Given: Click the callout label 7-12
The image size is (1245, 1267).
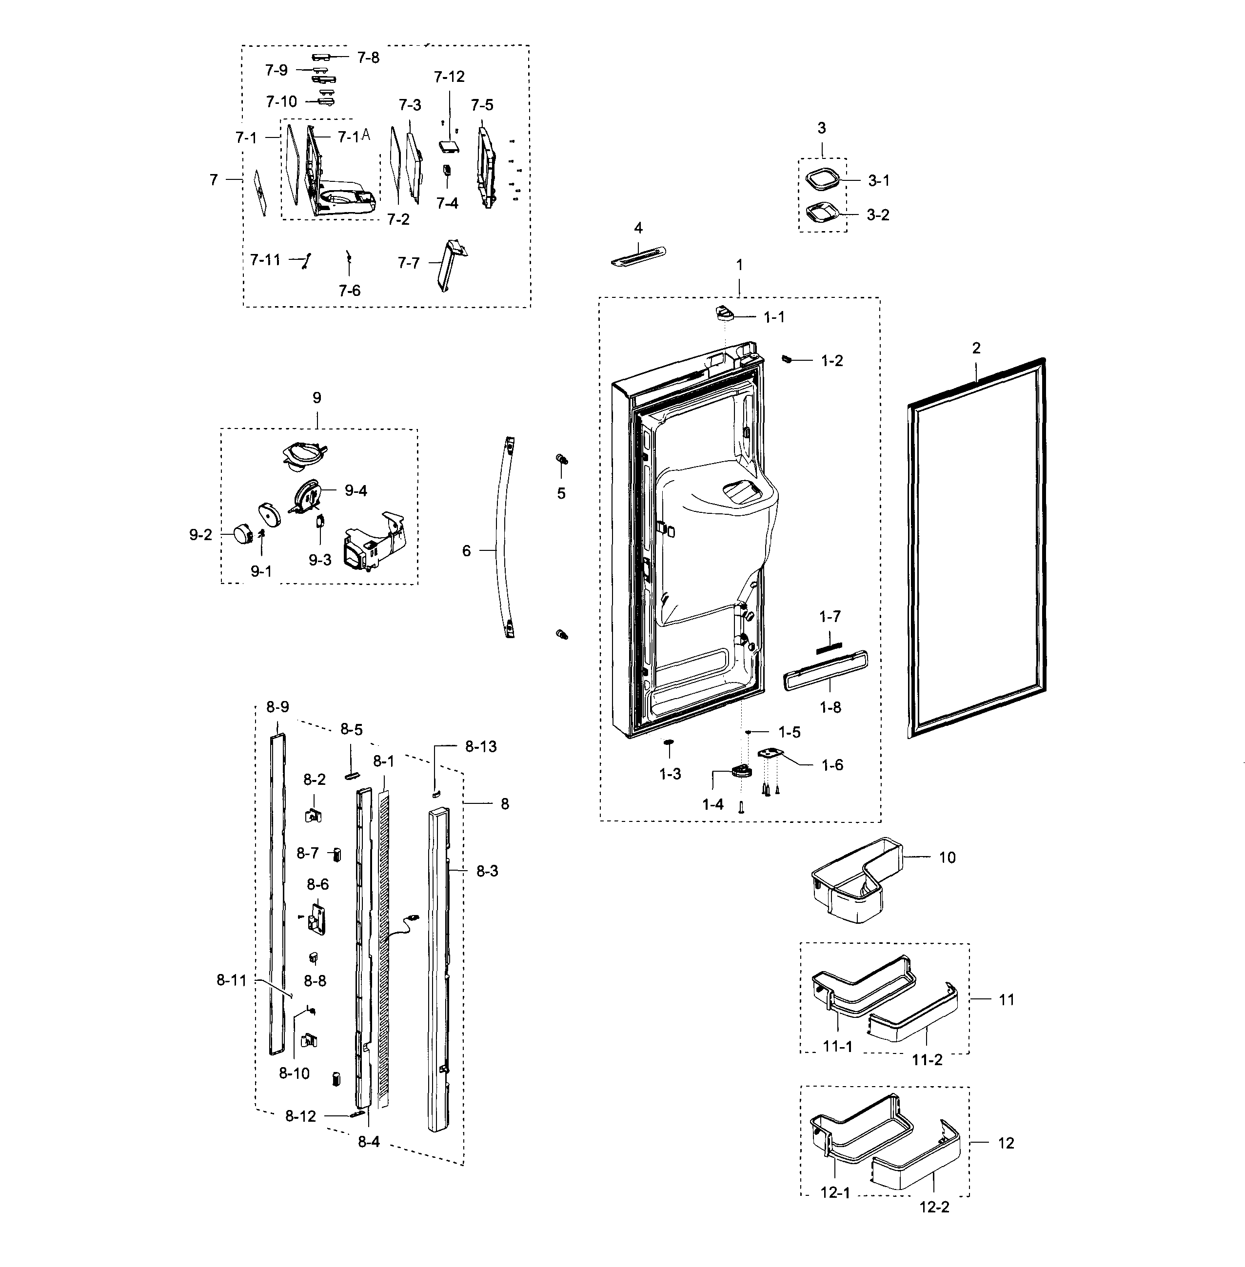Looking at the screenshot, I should coord(449,77).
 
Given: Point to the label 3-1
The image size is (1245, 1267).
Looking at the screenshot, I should coord(878,181).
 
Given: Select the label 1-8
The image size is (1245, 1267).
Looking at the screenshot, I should coord(830,707).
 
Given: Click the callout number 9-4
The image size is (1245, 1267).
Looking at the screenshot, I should coord(356,491).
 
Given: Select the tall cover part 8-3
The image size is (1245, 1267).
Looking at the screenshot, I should coord(438,968).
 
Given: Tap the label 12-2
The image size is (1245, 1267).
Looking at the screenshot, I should coord(934,1208).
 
